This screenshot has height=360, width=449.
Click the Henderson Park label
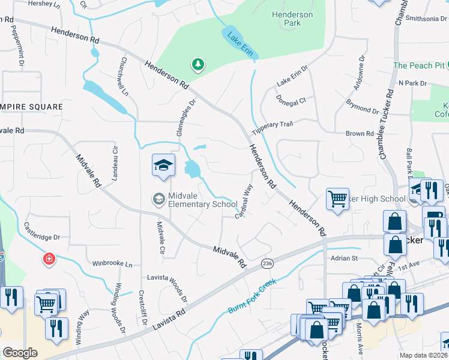[x=292, y=19]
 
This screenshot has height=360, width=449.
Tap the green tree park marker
[x=197, y=64]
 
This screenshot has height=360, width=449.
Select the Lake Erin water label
[x=240, y=44]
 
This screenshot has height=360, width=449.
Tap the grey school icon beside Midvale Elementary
[x=159, y=199]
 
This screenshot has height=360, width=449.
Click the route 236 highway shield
[x=268, y=263]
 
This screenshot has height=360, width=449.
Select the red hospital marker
[x=48, y=259]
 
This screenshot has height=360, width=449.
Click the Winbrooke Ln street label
[x=112, y=263]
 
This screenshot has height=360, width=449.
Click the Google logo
[x=20, y=353]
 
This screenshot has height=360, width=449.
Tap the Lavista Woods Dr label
[x=167, y=287]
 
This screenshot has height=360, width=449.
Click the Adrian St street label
[x=344, y=258]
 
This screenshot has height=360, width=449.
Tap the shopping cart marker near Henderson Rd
[x=337, y=199]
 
